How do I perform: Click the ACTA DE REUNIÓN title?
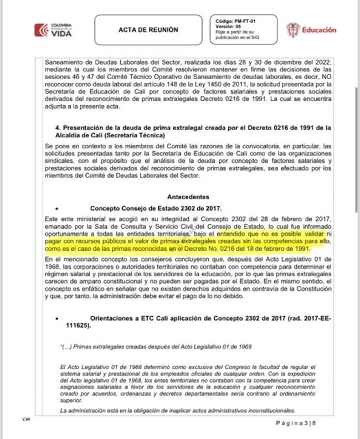click(148, 30)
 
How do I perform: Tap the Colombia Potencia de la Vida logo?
click(54, 30)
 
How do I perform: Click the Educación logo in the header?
click(311, 30)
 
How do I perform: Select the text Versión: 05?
click(228, 27)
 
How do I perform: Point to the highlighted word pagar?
click(56, 242)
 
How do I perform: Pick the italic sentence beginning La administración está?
click(177, 410)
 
